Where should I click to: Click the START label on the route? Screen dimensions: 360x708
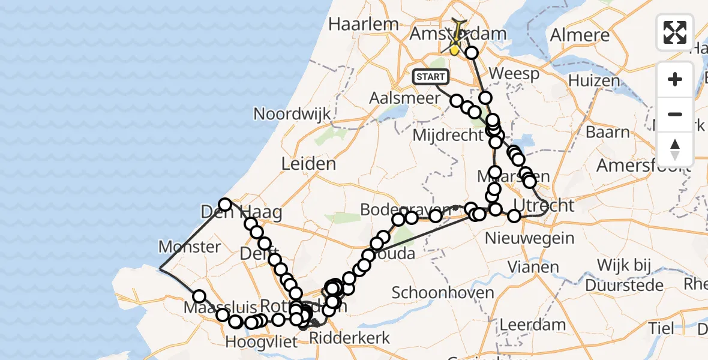(x=431, y=77)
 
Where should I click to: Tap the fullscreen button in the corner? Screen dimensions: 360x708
(x=675, y=32)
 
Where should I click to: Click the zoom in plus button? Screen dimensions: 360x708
(x=675, y=79)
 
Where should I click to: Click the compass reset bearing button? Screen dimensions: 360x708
(x=675, y=149)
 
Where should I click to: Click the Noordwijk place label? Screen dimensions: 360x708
(x=289, y=114)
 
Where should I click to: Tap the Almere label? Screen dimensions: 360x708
(x=580, y=34)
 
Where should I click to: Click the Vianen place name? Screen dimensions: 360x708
(x=533, y=266)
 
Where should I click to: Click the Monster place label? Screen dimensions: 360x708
(x=190, y=247)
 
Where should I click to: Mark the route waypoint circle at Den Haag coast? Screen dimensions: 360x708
(x=225, y=205)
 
